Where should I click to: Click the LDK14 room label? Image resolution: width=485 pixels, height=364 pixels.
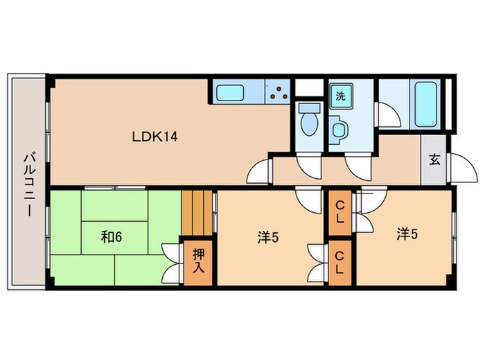[155, 137]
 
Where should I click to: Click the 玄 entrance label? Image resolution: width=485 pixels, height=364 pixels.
[434, 159]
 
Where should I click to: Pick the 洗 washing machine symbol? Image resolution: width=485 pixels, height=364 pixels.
[339, 96]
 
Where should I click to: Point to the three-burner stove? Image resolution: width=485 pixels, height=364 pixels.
[279, 93]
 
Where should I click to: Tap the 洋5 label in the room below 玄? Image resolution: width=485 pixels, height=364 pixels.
[407, 234]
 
